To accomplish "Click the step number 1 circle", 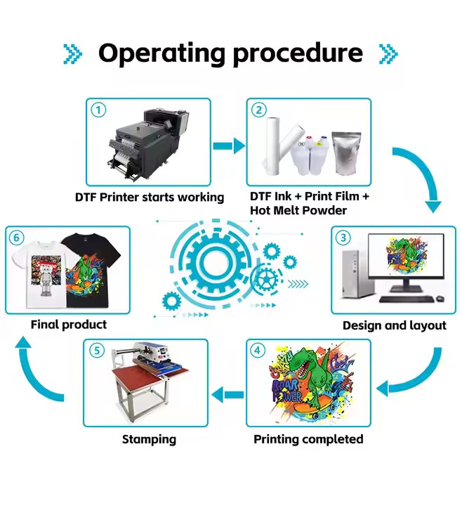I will (x=98, y=110).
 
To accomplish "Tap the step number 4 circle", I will (x=258, y=351).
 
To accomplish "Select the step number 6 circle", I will (x=17, y=238).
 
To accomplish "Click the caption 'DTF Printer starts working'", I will (x=150, y=197).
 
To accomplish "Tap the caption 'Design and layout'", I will (x=394, y=325).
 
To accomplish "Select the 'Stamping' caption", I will (x=149, y=439).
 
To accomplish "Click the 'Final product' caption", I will (x=69, y=325).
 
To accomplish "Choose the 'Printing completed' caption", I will (x=308, y=439).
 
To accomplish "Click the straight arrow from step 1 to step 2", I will (x=229, y=146).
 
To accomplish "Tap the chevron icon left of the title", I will (x=72, y=53).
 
